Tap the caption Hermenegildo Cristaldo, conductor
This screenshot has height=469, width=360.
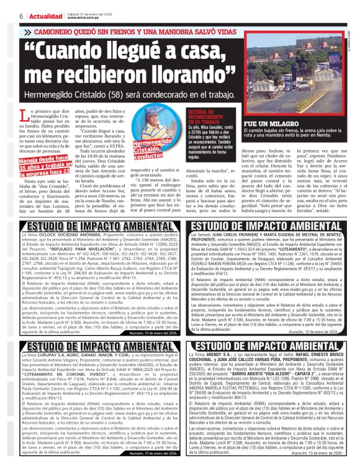pos(148,148)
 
